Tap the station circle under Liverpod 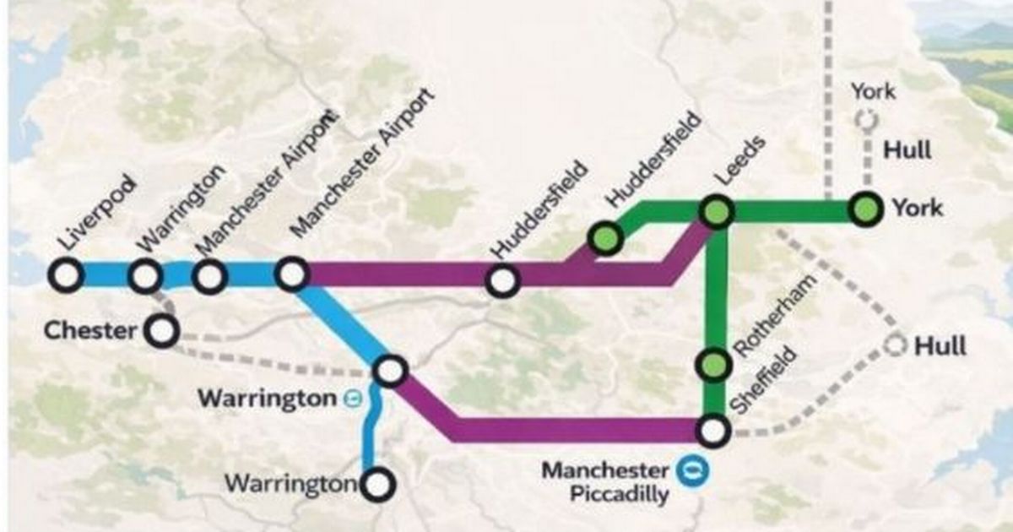point(66,275)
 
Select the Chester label point(89,330)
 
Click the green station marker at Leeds point(715,212)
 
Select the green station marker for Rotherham point(712,365)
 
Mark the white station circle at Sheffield point(712,431)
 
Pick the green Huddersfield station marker point(606,239)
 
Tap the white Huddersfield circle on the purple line point(502,280)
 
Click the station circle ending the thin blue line point(378,484)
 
